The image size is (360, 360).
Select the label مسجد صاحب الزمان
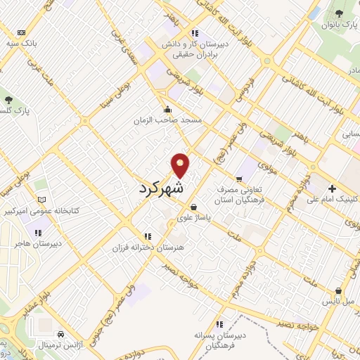click(169, 120)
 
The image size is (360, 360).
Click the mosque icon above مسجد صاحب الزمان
click(167, 110)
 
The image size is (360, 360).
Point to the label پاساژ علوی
click(193, 218)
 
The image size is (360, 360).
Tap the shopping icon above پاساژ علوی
click(193, 207)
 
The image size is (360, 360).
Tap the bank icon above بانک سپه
click(21, 32)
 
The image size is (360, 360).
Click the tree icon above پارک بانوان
click(341, 13)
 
